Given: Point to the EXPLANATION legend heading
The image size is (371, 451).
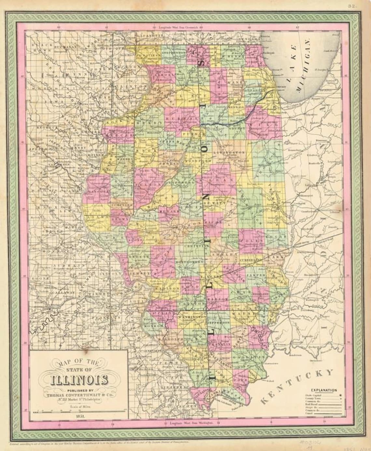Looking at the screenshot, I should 324,390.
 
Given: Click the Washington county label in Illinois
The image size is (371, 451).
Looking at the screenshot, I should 192,316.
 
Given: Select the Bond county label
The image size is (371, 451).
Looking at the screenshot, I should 196,287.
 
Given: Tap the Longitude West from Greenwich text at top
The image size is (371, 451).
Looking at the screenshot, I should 185,26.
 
